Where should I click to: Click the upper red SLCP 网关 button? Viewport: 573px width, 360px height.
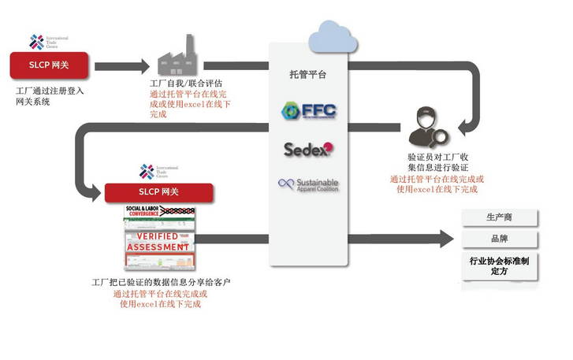[49, 65]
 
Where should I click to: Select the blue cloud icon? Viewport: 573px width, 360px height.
[329, 35]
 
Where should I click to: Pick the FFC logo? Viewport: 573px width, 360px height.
[308, 111]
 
